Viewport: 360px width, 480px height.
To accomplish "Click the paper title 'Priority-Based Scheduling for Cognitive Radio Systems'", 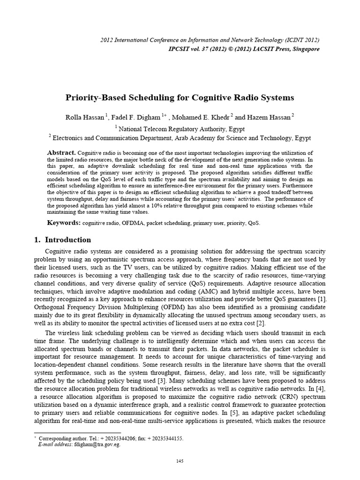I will coord(179,98).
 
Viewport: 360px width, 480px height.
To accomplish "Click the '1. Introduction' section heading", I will coord(63,240).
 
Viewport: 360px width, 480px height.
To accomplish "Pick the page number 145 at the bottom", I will coord(180,461).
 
